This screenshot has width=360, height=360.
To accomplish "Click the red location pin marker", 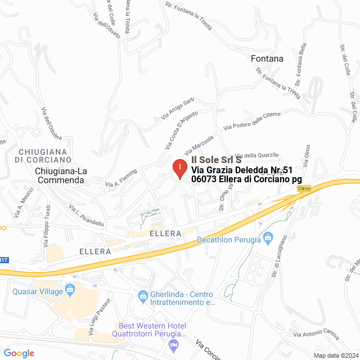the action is click(x=179, y=169).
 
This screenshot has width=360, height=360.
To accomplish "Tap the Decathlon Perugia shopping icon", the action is click(x=267, y=237).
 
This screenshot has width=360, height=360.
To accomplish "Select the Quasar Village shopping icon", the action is click(x=70, y=290).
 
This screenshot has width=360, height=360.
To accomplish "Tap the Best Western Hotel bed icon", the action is click(x=175, y=343).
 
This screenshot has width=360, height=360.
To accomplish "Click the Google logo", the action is click(x=19, y=353).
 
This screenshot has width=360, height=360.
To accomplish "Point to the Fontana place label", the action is click(x=267, y=58).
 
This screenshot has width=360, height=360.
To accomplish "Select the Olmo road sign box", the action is click(x=304, y=188).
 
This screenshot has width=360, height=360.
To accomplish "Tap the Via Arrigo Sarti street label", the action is click(x=178, y=108).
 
